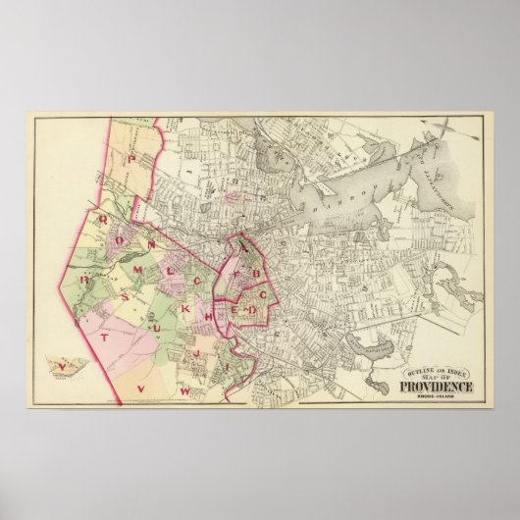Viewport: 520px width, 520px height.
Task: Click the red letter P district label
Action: [130, 156]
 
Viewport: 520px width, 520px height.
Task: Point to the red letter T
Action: [105, 336]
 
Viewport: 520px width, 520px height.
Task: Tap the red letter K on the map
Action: [184, 309]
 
